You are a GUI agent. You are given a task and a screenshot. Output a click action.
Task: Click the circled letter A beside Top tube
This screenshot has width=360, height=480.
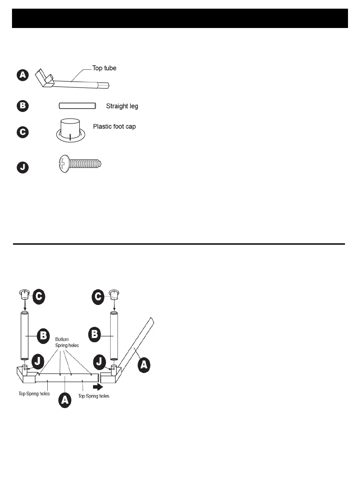point(23,75)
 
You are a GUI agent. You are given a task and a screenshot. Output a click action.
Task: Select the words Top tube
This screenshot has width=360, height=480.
point(104,68)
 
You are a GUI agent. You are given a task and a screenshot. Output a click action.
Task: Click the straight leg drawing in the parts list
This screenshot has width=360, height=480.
point(77,106)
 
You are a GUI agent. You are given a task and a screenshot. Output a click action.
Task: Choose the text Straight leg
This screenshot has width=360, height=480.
point(122,106)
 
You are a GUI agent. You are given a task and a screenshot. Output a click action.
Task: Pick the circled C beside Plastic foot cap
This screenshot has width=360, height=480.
point(23,132)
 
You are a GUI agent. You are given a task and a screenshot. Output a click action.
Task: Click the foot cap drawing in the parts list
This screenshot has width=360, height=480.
point(70,130)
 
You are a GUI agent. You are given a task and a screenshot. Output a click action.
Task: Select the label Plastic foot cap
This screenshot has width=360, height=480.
point(114,127)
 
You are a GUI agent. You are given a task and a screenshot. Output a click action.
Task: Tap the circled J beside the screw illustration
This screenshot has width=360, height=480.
point(23,167)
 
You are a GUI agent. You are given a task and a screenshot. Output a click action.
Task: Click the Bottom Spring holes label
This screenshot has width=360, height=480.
point(67,342)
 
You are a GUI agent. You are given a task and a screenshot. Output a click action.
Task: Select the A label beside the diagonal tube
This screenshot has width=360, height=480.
point(144,365)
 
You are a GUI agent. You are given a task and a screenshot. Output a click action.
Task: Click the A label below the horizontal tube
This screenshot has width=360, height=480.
point(65,400)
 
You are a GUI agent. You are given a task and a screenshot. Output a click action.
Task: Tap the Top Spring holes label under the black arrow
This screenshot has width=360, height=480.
point(94,396)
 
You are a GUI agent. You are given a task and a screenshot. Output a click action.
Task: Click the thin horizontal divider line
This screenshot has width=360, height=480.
point(179,244)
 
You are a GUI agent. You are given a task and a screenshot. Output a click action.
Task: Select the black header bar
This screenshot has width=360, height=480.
point(180,18)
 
